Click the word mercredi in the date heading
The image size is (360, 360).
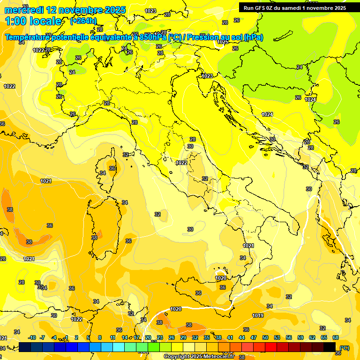(x=23, y=10)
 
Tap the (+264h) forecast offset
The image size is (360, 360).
(x=83, y=21)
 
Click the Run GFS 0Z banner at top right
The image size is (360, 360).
(x=295, y=7)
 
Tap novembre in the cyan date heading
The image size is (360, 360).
(x=80, y=10)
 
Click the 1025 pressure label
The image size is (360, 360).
(x=223, y=42)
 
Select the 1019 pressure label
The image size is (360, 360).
(x=257, y=315)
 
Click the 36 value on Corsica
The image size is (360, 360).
(x=112, y=168)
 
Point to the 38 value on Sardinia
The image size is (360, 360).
(x=94, y=238)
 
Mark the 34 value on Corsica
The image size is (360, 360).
(x=103, y=173)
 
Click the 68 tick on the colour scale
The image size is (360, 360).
(x=336, y=337)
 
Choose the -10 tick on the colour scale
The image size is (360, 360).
(x=32, y=337)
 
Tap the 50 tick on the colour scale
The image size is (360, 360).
(x=265, y=337)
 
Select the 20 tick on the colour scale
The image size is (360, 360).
(x=148, y=337)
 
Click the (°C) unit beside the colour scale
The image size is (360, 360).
(x=345, y=347)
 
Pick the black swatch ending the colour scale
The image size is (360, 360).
(x=330, y=347)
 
